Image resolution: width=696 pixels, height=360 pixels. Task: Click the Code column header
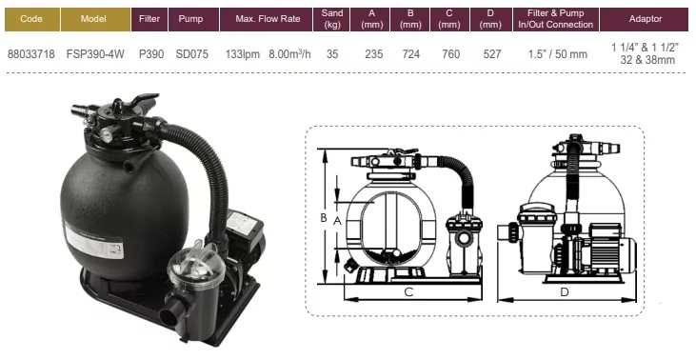[32, 19]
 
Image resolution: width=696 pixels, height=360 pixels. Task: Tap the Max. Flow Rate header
[268, 19]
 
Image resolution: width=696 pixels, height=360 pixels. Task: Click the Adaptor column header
[645, 19]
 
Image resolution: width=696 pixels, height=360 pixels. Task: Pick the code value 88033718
[31, 54]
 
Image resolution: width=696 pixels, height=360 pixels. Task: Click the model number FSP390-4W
[95, 54]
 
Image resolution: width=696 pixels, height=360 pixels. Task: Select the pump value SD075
[191, 54]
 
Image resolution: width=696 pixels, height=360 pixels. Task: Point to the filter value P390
[151, 54]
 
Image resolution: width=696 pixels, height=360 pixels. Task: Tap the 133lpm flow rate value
[243, 54]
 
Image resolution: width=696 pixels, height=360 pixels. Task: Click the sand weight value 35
[332, 54]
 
